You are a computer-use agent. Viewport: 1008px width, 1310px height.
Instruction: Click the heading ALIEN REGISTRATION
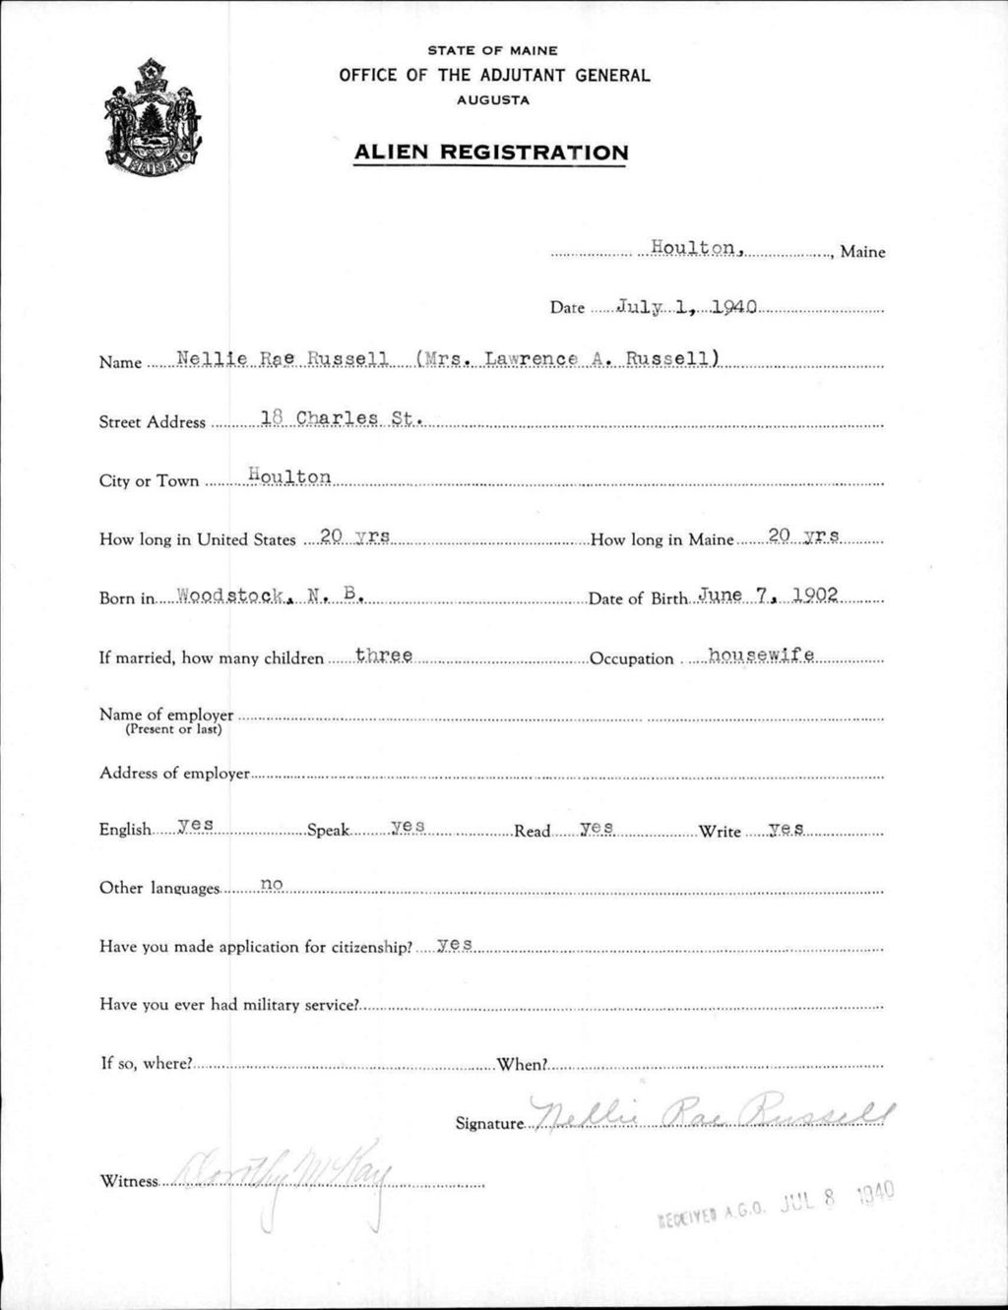(x=490, y=153)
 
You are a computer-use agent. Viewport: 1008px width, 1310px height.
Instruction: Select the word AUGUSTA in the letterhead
(x=493, y=100)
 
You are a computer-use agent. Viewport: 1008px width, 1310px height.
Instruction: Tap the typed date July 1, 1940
(x=685, y=307)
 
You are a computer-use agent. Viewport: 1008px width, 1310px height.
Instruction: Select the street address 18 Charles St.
(x=342, y=417)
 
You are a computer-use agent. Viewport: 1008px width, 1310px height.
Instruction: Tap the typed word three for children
(x=383, y=655)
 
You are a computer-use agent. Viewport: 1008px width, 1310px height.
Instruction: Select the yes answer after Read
(x=597, y=828)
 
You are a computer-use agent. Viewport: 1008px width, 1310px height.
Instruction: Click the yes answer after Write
(x=786, y=829)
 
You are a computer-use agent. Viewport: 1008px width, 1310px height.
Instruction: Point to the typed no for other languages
(x=272, y=885)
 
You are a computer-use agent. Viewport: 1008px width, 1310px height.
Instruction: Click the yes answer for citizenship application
(x=455, y=944)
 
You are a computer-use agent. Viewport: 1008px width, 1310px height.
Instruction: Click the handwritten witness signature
(x=285, y=1171)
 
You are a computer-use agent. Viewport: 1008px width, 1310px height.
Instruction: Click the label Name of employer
(x=166, y=715)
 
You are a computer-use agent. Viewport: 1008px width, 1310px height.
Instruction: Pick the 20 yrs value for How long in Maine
(x=803, y=535)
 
